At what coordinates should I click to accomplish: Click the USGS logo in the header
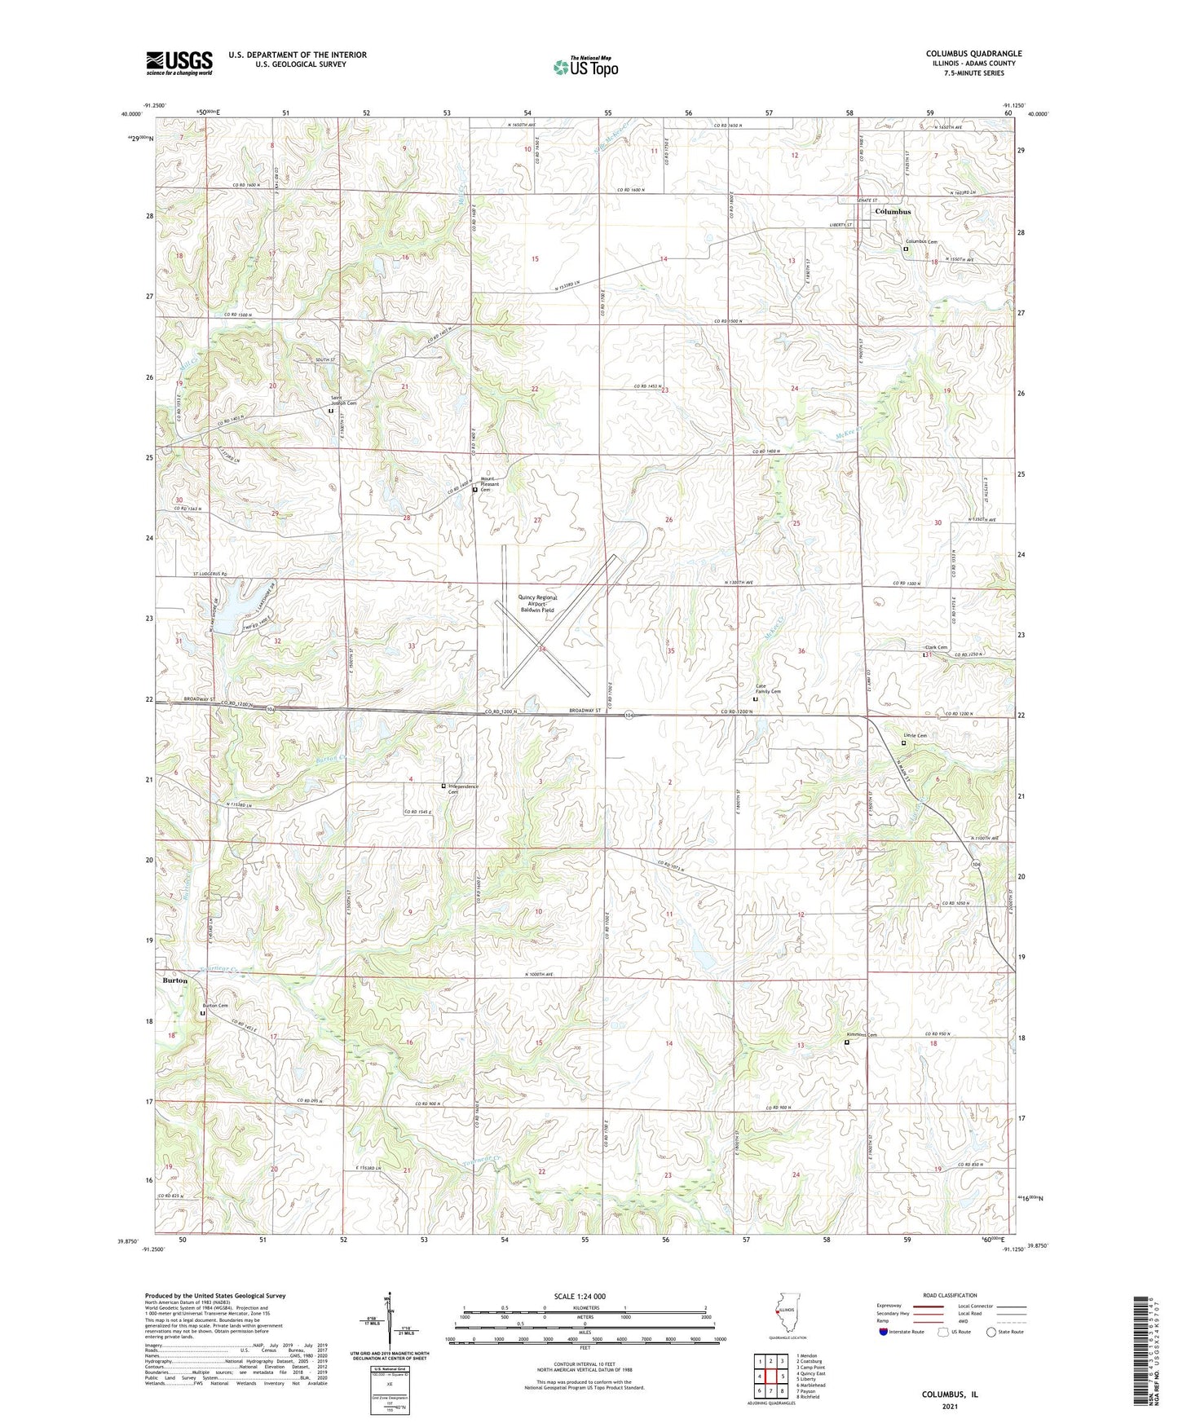tap(179, 62)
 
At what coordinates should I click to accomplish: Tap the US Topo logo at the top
tap(585, 67)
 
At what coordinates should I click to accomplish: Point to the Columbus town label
tap(892, 212)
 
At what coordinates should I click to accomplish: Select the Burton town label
tap(174, 980)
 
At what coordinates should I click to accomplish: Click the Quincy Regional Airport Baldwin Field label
tap(536, 603)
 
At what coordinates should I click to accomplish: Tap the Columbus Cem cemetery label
tap(921, 242)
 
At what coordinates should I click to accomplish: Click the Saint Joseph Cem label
tap(343, 400)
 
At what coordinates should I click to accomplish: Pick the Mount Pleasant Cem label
tap(490, 484)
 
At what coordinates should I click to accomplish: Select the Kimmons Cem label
tap(862, 1036)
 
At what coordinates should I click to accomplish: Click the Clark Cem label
tap(936, 648)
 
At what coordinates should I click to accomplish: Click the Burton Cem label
tap(215, 1006)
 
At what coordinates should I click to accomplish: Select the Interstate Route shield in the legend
tap(883, 1332)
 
